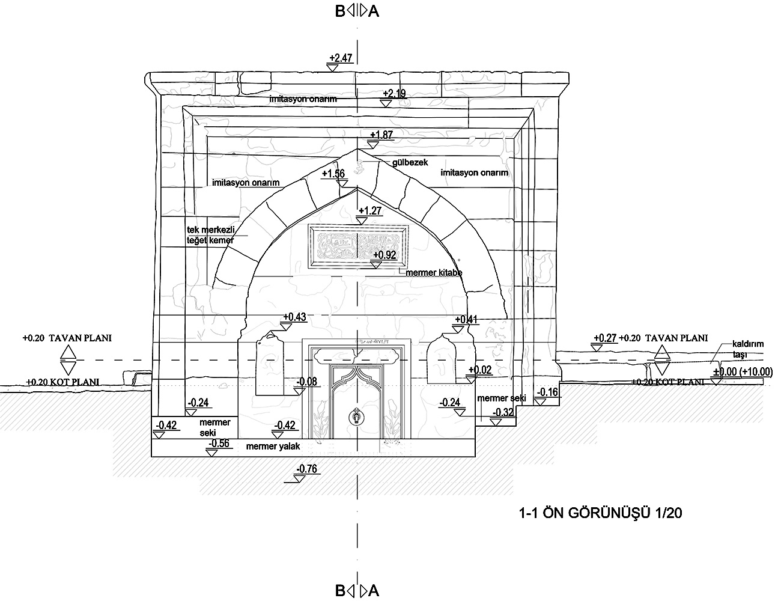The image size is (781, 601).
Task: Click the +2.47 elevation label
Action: [340, 58]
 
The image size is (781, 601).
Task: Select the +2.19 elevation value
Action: [394, 93]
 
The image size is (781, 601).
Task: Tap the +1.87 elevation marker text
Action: [381, 135]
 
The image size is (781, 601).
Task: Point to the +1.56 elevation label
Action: [333, 174]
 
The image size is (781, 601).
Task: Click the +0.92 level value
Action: [384, 255]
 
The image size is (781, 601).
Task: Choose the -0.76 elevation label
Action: [308, 469]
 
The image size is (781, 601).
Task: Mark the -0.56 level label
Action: [219, 444]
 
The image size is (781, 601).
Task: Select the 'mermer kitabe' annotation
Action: [434, 273]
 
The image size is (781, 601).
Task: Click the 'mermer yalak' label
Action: [273, 447]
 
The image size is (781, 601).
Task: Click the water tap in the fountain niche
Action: [357, 416]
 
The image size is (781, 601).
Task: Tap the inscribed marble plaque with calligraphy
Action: [358, 246]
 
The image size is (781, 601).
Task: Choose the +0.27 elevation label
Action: [605, 338]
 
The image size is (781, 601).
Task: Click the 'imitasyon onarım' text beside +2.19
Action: [303, 99]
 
